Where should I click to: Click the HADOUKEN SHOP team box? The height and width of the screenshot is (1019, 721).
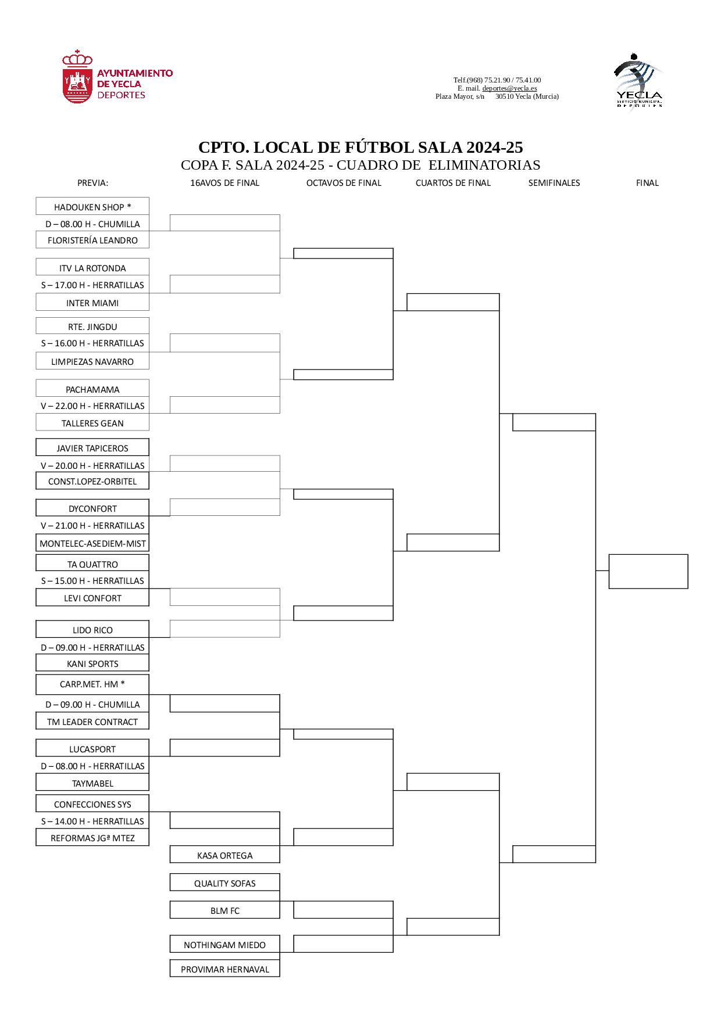click(92, 207)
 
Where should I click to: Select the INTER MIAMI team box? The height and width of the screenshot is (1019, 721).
click(92, 303)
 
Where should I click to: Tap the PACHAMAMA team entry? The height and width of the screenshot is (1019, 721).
click(92, 389)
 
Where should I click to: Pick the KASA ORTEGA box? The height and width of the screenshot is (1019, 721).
click(224, 855)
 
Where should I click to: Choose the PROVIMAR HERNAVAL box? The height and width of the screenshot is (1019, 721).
click(224, 969)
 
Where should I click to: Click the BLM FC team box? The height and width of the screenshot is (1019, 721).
click(224, 910)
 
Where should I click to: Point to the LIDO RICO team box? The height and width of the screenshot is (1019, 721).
click(92, 630)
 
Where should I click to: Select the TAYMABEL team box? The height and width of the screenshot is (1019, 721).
click(92, 783)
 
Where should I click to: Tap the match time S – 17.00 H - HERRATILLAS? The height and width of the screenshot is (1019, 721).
click(92, 285)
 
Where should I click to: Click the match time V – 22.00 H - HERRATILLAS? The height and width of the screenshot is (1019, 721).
click(92, 406)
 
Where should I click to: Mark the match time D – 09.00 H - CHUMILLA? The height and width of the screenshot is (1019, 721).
click(92, 704)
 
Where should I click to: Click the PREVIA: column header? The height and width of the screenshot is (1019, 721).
click(93, 182)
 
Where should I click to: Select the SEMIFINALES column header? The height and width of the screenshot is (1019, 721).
click(554, 182)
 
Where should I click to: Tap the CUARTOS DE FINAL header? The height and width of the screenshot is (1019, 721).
click(453, 182)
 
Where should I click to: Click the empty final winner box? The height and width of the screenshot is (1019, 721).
click(648, 571)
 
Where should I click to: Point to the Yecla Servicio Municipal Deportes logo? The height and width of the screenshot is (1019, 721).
click(638, 80)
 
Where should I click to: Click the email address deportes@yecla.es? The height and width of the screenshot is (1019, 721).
click(509, 88)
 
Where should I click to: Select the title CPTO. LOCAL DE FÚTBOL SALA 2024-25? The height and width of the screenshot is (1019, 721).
click(360, 147)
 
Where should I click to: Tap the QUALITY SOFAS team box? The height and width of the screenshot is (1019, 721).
click(224, 883)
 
